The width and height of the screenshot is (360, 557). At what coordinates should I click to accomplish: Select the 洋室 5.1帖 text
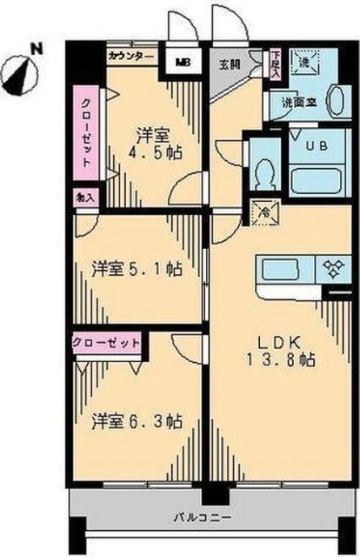tap(137, 270)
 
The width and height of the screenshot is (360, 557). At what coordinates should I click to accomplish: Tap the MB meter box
tap(184, 61)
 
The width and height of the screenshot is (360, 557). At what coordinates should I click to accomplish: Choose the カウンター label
tap(131, 56)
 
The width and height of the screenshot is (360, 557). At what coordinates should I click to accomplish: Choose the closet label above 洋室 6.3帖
tap(107, 342)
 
